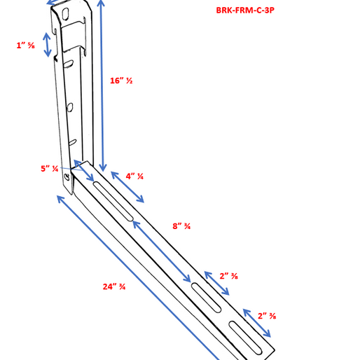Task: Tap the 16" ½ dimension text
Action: tap(121, 81)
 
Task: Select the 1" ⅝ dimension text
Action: tap(26, 46)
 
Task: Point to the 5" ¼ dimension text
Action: tap(49, 168)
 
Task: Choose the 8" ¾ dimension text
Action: tap(181, 226)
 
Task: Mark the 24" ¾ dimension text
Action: tap(113, 286)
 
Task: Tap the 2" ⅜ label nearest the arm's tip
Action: tap(266, 316)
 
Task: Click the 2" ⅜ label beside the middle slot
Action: tap(228, 276)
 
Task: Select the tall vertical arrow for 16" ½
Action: tap(103, 84)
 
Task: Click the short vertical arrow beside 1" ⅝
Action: tap(48, 44)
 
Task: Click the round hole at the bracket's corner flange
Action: tap(67, 179)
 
